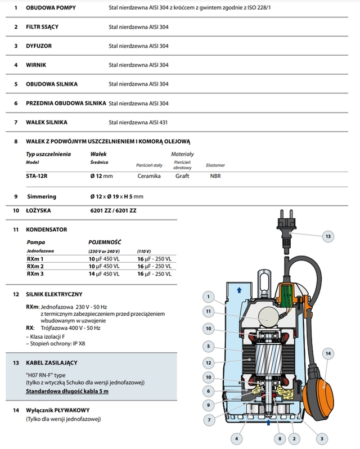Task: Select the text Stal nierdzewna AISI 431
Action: (138, 122)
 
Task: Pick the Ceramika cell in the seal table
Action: (149, 176)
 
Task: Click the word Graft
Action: (182, 176)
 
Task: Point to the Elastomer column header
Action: (216, 165)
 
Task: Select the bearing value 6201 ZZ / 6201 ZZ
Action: (113, 210)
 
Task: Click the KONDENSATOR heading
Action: (47, 230)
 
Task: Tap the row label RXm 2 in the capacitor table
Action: (35, 266)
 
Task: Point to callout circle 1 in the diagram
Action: (209, 297)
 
